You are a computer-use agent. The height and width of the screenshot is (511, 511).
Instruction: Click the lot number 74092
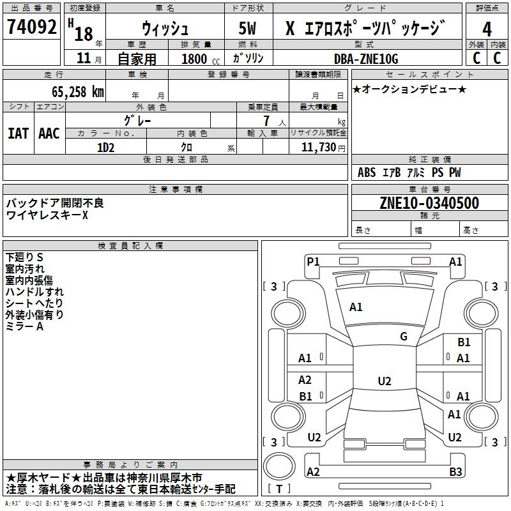tap(31, 29)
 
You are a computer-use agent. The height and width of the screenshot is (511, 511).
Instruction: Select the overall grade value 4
tap(487, 29)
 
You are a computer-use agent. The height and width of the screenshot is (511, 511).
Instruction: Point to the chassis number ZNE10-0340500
tap(429, 203)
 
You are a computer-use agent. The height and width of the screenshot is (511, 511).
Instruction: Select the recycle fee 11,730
tap(319, 147)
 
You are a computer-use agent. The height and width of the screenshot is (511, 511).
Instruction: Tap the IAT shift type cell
tap(18, 133)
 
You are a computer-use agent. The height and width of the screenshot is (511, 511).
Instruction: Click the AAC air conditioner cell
tap(49, 133)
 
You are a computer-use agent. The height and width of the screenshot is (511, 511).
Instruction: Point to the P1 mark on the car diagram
tap(313, 261)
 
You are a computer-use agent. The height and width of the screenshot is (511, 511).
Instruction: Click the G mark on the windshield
tap(404, 337)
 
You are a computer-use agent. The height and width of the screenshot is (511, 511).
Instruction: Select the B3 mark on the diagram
tap(455, 472)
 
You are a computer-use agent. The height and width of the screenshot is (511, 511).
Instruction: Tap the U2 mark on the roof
tap(384, 381)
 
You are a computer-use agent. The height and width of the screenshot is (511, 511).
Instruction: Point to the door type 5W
tap(249, 29)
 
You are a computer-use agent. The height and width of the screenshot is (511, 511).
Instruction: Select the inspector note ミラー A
tap(24, 326)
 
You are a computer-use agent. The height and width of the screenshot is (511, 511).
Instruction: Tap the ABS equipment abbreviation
tap(367, 172)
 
